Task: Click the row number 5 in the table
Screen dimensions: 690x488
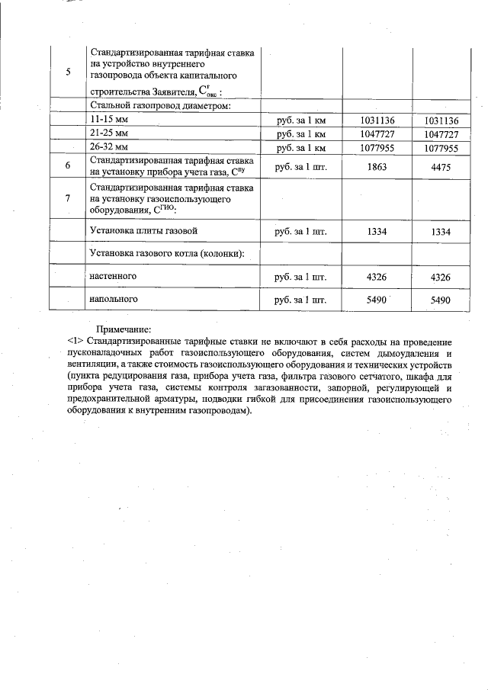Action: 68,72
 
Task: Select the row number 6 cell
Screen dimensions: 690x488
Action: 68,165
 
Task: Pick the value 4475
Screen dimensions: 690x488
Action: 441,166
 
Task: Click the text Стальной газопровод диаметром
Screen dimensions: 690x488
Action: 160,106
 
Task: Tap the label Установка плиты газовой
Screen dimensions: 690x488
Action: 146,230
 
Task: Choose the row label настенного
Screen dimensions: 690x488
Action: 114,273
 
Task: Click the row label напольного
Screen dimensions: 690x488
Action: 114,300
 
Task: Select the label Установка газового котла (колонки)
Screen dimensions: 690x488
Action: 166,252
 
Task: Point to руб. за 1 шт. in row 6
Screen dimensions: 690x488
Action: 301,166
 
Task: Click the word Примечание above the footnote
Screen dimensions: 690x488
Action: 124,329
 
